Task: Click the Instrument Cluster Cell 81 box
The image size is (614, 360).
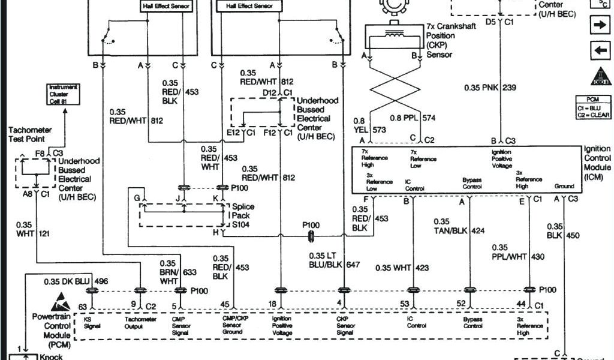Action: (63, 94)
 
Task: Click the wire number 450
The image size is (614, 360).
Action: (573, 236)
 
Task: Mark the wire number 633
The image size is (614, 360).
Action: (189, 272)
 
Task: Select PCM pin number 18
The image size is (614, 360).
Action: (272, 305)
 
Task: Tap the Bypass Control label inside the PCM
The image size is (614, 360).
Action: (472, 323)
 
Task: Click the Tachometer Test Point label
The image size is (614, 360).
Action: (30, 134)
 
